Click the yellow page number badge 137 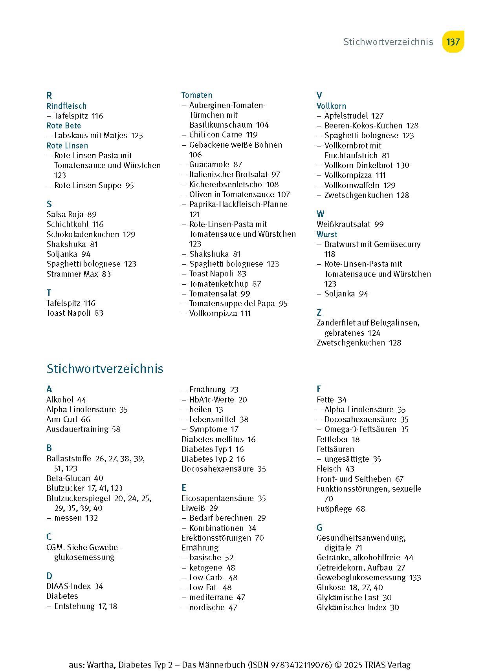click(453, 42)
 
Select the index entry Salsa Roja click(65, 214)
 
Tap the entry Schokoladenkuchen click(82, 234)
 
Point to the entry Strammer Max click(72, 274)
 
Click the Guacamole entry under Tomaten click(210, 165)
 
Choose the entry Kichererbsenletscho click(225, 185)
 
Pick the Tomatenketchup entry click(219, 284)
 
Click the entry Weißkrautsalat click(343, 224)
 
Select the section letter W click(321, 214)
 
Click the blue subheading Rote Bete click(64, 126)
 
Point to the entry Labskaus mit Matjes click(90, 135)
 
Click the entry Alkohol click(60, 400)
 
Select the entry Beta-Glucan click(68, 478)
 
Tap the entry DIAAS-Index click(69, 586)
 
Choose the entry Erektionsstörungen click(216, 538)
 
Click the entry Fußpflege click(334, 509)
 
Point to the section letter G click(319, 528)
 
